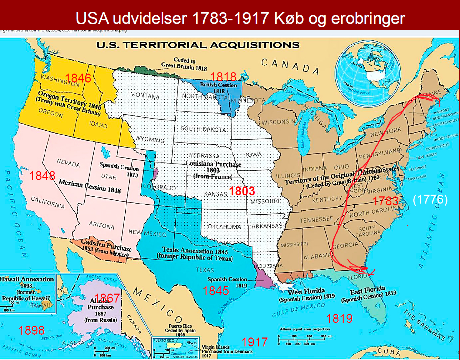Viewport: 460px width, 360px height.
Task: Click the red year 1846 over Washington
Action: pyautogui.click(x=78, y=78)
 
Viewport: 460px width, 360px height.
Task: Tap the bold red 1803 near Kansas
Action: pyautogui.click(x=242, y=191)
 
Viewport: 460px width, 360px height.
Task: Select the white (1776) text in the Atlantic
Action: pyautogui.click(x=430, y=200)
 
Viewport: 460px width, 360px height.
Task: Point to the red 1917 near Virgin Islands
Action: pyautogui.click(x=254, y=342)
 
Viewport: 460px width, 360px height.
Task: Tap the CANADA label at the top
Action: pyautogui.click(x=290, y=66)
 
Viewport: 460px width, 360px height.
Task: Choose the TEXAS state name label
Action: pyautogui.click(x=205, y=270)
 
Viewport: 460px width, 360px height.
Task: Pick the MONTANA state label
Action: pyautogui.click(x=145, y=96)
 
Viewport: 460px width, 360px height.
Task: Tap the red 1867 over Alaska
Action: pyautogui.click(x=107, y=298)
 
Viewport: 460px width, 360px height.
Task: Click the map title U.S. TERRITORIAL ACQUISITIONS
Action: pyautogui.click(x=198, y=45)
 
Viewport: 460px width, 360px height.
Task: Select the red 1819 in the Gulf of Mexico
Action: pyautogui.click(x=340, y=318)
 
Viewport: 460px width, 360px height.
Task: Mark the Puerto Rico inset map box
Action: pyautogui.click(x=175, y=347)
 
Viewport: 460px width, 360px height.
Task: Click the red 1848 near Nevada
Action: pyautogui.click(x=42, y=176)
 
